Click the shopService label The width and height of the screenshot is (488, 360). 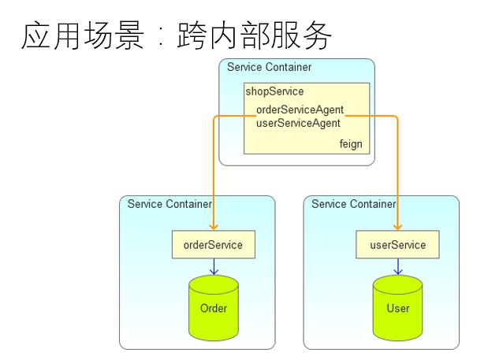(x=274, y=91)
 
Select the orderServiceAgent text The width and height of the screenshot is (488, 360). (x=300, y=109)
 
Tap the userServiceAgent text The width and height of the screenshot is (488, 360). (x=298, y=123)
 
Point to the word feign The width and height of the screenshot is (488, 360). (x=351, y=144)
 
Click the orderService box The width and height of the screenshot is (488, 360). (x=214, y=244)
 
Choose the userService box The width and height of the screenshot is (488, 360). (x=398, y=244)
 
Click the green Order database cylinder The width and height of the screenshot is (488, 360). (x=214, y=308)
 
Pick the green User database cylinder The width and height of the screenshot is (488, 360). (x=398, y=308)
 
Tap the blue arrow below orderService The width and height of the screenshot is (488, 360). (x=214, y=267)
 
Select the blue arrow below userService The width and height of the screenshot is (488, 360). (x=398, y=267)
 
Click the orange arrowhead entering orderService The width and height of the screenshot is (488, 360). (x=214, y=227)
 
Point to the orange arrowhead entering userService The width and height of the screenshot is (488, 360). (x=398, y=227)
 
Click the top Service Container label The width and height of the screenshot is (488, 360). (x=269, y=67)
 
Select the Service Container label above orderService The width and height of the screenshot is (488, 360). (x=169, y=204)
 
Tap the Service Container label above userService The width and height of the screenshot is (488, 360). (x=354, y=204)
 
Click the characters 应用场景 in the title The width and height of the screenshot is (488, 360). (x=83, y=35)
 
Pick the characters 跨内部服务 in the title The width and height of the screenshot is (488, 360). (x=255, y=35)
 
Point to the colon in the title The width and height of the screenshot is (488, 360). (x=161, y=37)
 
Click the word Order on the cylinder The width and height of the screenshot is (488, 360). (x=214, y=308)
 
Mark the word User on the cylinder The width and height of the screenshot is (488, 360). (x=398, y=308)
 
